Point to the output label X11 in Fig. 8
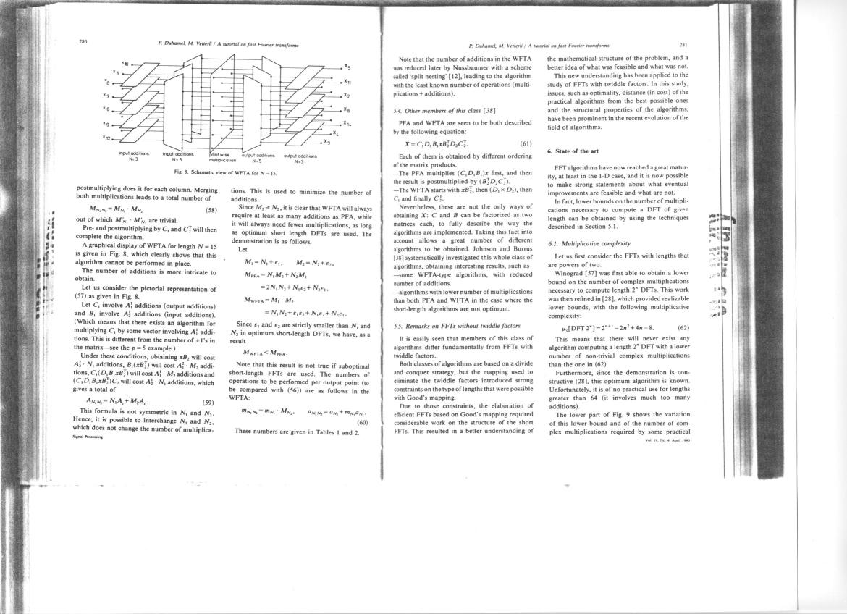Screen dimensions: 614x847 pos(348,81)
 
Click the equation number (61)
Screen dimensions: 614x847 pos(526,143)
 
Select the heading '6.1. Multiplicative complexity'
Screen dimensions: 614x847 pos(591,244)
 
